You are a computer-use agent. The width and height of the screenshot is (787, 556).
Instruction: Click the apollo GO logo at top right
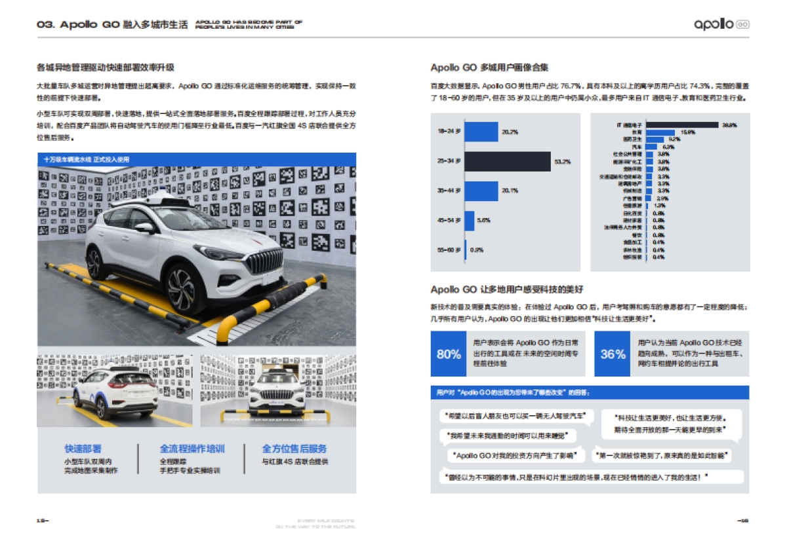click(721, 24)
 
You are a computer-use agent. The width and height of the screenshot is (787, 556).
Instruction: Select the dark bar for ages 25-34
click(508, 161)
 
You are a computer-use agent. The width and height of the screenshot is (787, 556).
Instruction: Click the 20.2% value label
click(510, 132)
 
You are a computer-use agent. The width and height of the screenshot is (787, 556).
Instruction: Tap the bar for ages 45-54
click(470, 220)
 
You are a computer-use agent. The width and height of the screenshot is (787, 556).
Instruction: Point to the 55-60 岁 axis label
click(449, 250)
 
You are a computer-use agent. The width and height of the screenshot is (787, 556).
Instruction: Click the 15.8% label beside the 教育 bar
click(688, 132)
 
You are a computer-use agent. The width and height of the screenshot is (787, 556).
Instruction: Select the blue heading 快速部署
click(83, 449)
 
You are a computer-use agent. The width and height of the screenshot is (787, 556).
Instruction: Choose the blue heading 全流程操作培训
click(192, 449)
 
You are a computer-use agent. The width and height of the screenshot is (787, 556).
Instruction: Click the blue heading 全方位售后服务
click(294, 449)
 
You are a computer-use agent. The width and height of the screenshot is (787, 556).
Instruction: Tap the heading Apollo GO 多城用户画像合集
click(489, 67)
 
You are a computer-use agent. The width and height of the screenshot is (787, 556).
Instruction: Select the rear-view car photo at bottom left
click(115, 390)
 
